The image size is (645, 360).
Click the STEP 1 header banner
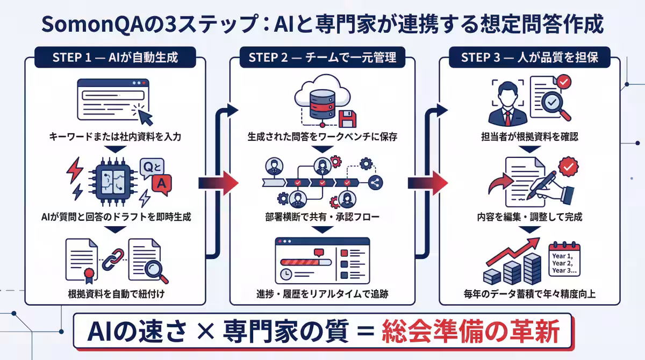[x=115, y=57]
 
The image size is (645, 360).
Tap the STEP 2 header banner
[x=322, y=57]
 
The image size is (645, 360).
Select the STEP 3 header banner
[x=529, y=57]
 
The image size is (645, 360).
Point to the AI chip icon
[x=114, y=181]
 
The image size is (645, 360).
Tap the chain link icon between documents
[x=113, y=260]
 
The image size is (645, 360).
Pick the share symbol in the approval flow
[x=375, y=183]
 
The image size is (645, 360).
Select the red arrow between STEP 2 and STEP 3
[x=428, y=183]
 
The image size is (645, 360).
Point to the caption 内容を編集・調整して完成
[x=529, y=218]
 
